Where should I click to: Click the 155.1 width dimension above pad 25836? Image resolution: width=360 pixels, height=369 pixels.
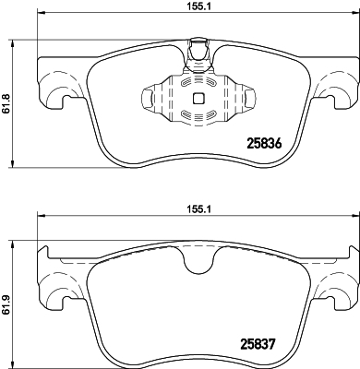click(198, 6)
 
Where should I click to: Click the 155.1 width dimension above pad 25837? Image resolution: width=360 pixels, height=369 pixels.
click(198, 209)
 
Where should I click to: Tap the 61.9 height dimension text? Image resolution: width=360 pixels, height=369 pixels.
click(6, 304)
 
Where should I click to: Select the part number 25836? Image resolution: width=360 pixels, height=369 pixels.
click(264, 144)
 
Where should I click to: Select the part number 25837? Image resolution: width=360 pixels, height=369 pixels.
click(257, 343)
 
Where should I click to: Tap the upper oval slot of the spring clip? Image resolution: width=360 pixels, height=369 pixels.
click(198, 82)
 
